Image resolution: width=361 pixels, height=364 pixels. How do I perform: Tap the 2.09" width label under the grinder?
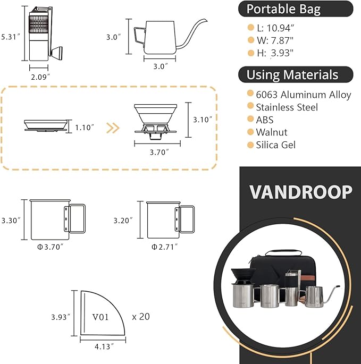coord(40,77)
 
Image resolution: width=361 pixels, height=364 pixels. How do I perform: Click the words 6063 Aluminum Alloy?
coord(304,95)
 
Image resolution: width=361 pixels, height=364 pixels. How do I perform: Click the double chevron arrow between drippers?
coord(113,128)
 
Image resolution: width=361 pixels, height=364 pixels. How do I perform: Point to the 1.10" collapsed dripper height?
coord(85,128)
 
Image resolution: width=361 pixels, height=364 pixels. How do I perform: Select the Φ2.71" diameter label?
coord(165,247)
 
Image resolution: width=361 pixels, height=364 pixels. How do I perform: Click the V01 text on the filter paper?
coord(100,317)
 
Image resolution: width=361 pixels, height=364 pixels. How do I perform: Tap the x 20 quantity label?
coord(141,316)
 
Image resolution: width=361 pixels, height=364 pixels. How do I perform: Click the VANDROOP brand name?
coord(300,192)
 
